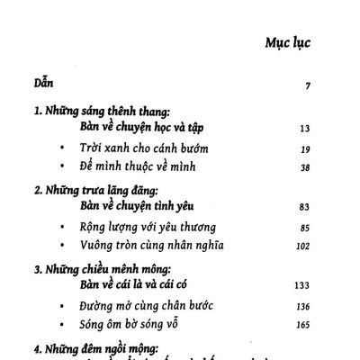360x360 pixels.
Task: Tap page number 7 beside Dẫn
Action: click(x=308, y=86)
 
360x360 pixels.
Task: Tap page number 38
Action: click(x=304, y=167)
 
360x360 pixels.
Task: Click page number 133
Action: click(x=301, y=287)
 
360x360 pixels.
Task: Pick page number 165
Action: click(x=302, y=325)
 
